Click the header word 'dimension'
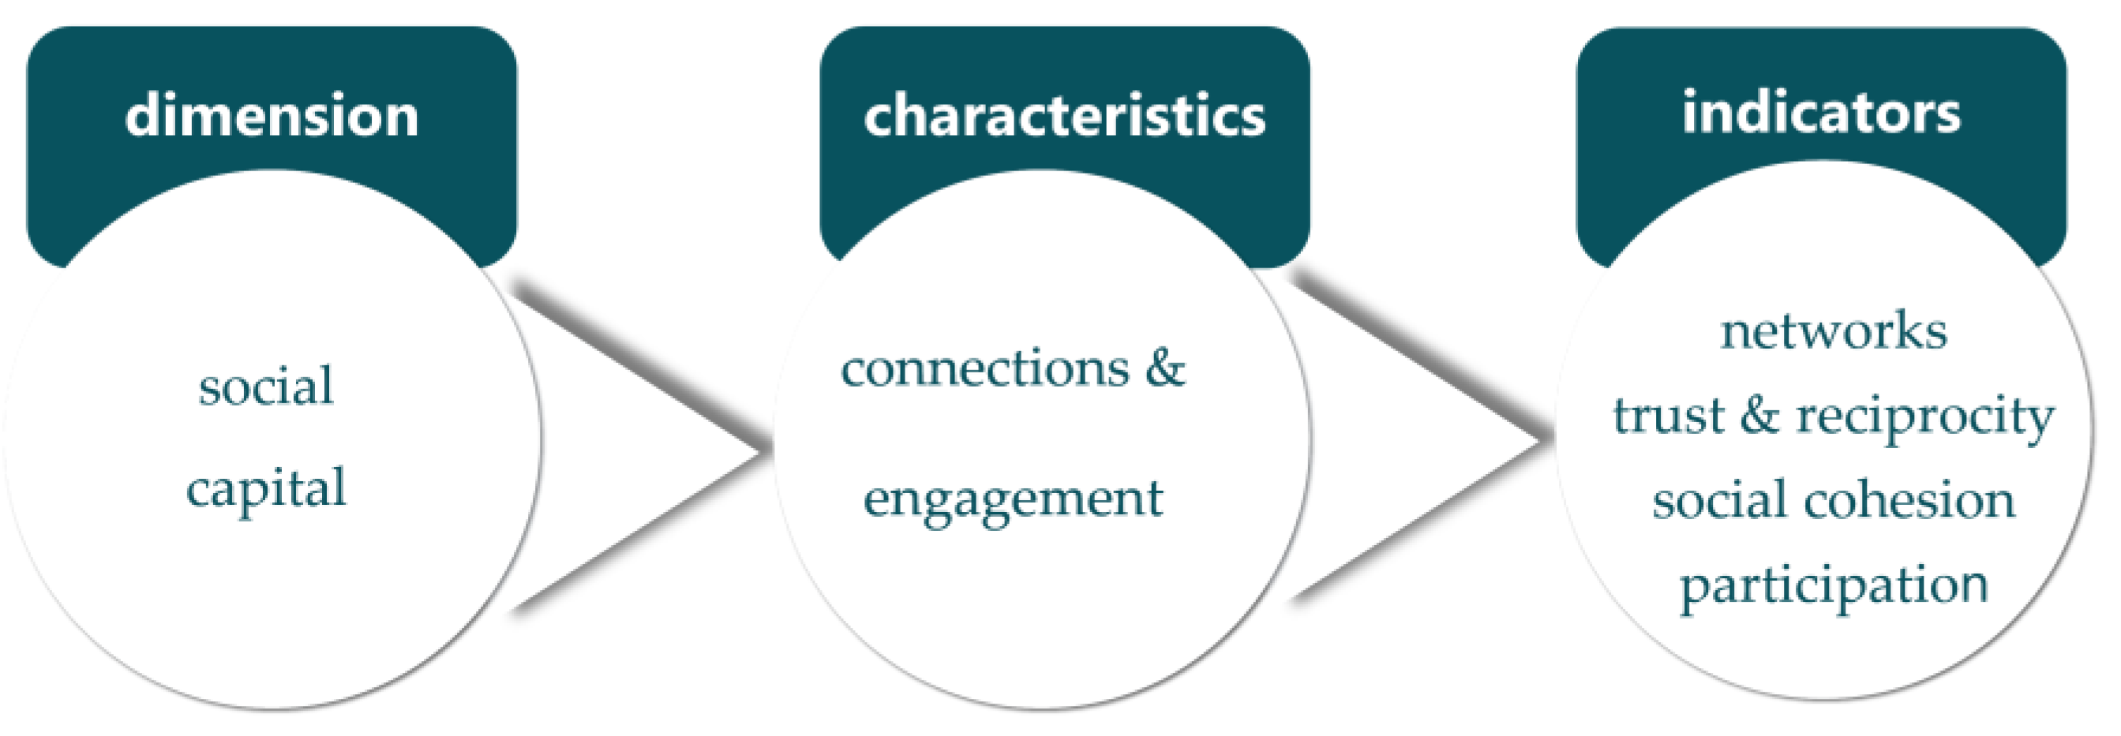272,115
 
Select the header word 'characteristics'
1065,115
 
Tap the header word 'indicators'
1821,112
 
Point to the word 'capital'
266,491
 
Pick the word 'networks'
1834,331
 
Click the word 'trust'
1667,415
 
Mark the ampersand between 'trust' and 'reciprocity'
1759,415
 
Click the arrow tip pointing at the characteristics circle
762,450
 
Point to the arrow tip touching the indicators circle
1544,443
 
